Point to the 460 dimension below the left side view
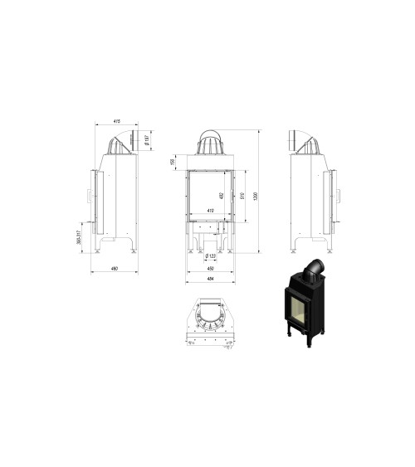tap(115, 268)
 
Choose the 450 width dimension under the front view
tap(210, 268)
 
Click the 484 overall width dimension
tap(210, 279)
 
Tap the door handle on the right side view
tap(339, 195)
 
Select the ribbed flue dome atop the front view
tap(211, 144)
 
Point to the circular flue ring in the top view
tap(210, 319)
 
